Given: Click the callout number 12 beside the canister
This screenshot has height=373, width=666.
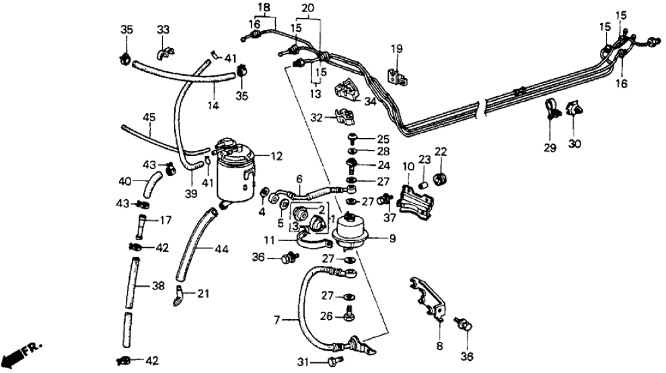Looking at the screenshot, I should (276, 157).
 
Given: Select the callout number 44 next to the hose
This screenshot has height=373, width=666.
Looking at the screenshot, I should (222, 249).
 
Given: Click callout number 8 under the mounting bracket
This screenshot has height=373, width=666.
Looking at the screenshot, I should (439, 347).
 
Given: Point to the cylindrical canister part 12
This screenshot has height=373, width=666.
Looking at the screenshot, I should (235, 168).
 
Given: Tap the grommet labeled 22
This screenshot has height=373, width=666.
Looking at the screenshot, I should (441, 178).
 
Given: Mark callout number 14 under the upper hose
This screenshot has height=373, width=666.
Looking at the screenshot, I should (214, 106).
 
